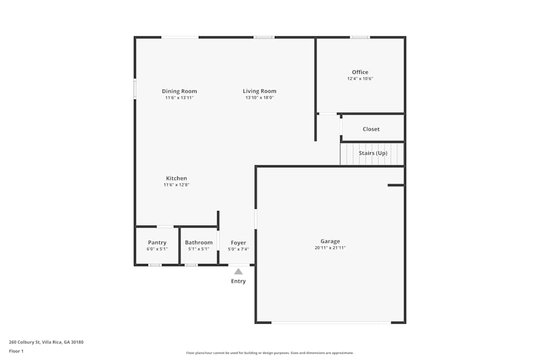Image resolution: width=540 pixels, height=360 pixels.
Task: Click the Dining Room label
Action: pos(179,91)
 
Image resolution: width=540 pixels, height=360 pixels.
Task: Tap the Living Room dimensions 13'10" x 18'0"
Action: pos(260,98)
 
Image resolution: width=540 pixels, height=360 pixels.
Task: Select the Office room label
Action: pos(360,72)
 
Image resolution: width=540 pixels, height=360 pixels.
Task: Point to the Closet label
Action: pos(372,129)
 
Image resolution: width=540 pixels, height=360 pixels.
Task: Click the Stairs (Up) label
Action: pos(373,153)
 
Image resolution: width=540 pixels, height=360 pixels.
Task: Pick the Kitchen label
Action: pos(177,178)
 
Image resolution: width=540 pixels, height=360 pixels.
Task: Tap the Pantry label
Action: pos(157,243)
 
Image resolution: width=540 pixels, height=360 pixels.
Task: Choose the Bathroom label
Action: pos(199,243)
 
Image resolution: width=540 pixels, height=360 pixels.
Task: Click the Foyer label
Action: pos(238,243)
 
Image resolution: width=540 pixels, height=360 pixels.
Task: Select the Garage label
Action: pos(330,241)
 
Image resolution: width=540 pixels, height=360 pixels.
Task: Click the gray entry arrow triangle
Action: pos(238,271)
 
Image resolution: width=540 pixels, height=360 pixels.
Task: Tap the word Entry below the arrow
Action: pos(238,281)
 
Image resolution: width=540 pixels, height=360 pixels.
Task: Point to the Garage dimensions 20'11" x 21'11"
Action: pos(330,248)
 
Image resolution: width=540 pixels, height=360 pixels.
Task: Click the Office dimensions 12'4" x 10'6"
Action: pos(360,79)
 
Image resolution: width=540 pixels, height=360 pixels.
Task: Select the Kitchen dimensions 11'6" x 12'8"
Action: pos(177,185)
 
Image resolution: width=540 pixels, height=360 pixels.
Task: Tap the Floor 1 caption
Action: pos(16,351)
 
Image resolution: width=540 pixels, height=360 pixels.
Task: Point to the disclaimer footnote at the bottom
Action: pos(270,353)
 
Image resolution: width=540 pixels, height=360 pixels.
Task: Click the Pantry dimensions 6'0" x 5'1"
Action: pos(157,249)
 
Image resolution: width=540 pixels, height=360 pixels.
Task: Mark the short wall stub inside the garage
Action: pos(396,185)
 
